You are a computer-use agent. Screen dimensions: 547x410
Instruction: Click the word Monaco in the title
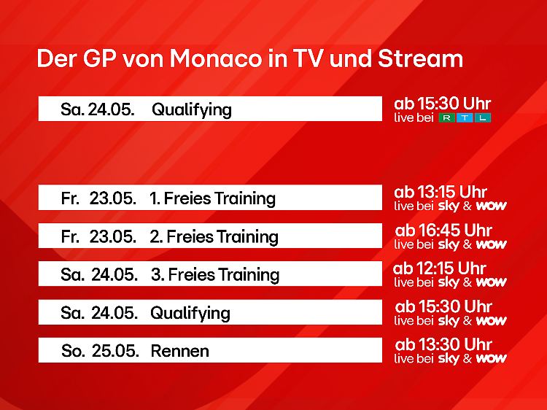(215, 58)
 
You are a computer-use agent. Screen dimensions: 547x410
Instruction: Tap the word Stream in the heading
(420, 58)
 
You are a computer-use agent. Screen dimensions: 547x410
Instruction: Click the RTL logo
(465, 117)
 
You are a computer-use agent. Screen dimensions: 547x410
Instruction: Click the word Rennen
(179, 351)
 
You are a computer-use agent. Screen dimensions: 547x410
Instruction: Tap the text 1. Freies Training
(212, 198)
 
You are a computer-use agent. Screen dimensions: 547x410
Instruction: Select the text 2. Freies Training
(214, 236)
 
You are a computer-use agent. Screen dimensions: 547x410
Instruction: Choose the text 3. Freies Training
(215, 274)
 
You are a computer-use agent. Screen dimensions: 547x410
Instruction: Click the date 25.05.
(115, 351)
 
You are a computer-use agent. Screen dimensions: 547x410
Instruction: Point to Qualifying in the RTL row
(192, 109)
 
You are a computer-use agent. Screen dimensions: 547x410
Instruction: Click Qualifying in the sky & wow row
(190, 313)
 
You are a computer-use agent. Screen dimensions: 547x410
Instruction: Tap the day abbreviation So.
(73, 351)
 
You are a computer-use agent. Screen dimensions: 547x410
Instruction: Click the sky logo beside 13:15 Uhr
(449, 206)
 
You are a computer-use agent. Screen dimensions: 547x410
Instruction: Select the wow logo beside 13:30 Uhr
(491, 359)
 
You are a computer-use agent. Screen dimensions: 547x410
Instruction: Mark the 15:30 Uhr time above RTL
(454, 104)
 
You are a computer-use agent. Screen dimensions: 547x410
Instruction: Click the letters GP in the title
(100, 58)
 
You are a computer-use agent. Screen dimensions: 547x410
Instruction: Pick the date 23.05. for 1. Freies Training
(112, 198)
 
